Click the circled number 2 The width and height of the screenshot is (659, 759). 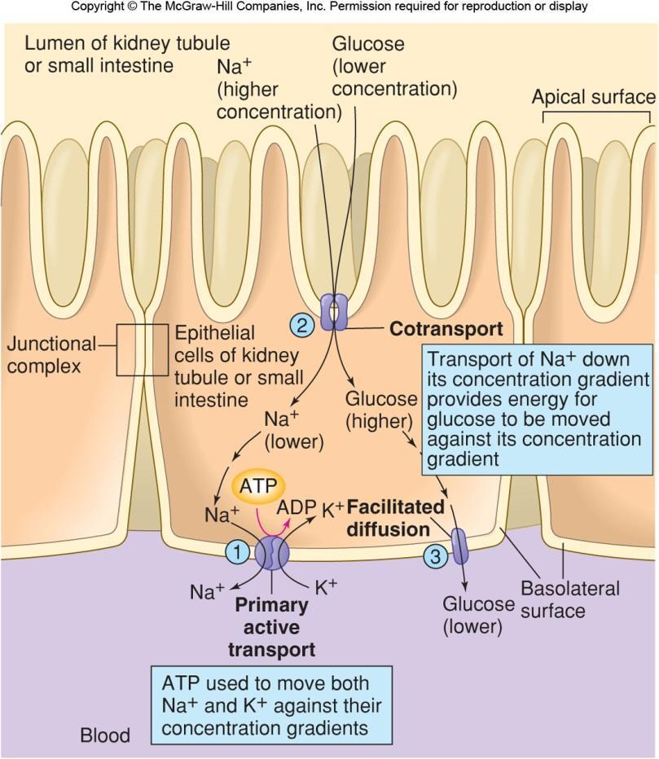pyautogui.click(x=301, y=326)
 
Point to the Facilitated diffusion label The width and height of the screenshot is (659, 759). pyautogui.click(x=396, y=518)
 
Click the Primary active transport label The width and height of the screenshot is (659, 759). pyautogui.click(x=271, y=627)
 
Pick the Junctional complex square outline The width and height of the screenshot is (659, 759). pyautogui.click(x=143, y=349)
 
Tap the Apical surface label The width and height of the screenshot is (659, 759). pyautogui.click(x=593, y=98)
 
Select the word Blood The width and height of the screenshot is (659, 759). pyautogui.click(x=104, y=736)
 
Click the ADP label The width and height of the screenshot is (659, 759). pyautogui.click(x=297, y=507)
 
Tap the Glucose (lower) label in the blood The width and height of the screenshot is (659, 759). pyautogui.click(x=478, y=615)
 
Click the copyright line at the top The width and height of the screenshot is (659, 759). pyautogui.click(x=329, y=7)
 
